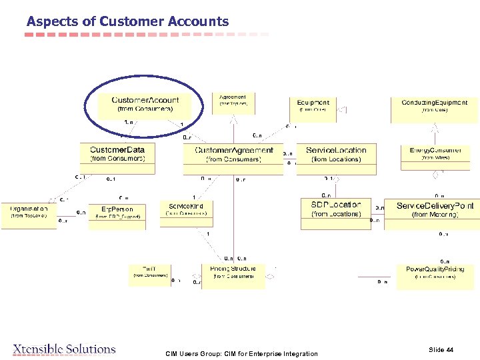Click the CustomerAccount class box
point(145,104)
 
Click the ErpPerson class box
point(117,213)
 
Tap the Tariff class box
point(149,274)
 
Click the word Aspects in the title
point(50,21)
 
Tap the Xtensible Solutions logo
point(64,349)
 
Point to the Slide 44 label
point(441,349)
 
